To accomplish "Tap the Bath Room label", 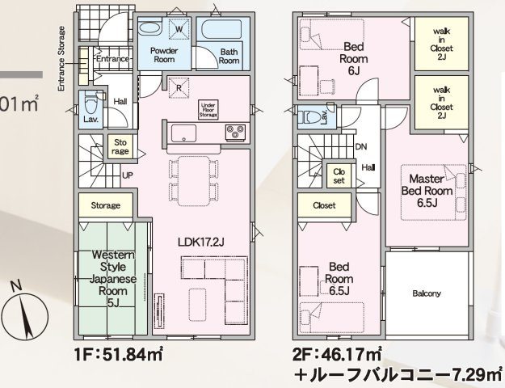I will click(229, 57).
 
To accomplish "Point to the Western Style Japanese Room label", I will click(112, 278).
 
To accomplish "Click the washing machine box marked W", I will click(179, 31).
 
